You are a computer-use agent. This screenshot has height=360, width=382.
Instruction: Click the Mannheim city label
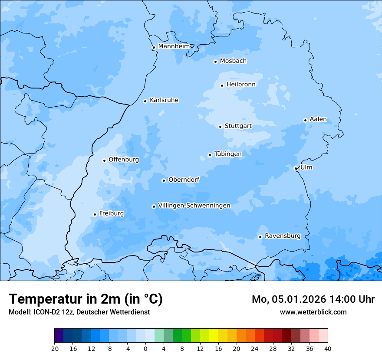(x=174, y=46)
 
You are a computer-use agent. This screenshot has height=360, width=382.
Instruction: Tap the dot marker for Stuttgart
(x=220, y=127)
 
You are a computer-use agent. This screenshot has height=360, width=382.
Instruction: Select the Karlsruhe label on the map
(x=164, y=100)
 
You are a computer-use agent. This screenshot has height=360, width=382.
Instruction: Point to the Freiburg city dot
(x=95, y=214)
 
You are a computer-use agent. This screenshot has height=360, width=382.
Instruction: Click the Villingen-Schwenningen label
(x=194, y=206)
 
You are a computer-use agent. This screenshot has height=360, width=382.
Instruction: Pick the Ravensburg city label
(x=282, y=236)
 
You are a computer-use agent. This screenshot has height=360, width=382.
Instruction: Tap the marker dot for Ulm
(x=296, y=168)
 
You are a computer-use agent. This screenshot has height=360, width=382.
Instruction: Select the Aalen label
(x=318, y=119)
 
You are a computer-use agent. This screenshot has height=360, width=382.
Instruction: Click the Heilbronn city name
(x=241, y=85)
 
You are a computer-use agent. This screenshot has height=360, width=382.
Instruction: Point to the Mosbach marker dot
(x=215, y=62)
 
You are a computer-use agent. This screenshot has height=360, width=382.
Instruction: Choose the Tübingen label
(x=227, y=154)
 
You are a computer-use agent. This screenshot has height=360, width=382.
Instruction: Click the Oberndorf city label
(x=184, y=180)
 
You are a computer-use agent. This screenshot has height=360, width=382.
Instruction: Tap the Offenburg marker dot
(x=104, y=160)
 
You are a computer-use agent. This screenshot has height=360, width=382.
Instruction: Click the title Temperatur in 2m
(x=86, y=299)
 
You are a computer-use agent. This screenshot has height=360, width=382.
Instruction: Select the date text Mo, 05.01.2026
(x=288, y=299)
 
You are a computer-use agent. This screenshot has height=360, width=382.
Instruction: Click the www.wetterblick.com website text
(x=313, y=312)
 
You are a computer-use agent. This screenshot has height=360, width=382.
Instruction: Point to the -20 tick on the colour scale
(x=54, y=348)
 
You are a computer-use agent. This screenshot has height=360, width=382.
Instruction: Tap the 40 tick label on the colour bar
(x=327, y=348)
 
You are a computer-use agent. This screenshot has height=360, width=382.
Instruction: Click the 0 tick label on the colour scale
(x=145, y=348)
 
